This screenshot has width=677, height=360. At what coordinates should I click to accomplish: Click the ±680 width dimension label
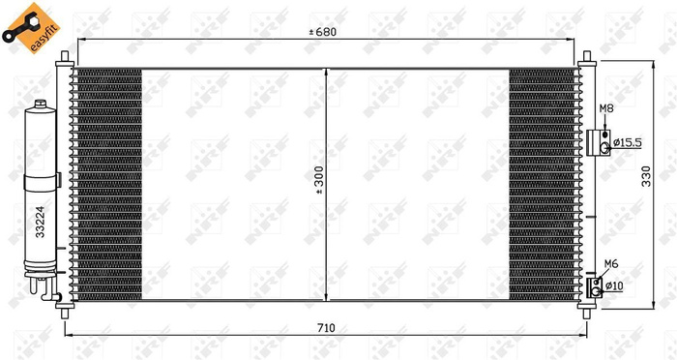tap(323, 32)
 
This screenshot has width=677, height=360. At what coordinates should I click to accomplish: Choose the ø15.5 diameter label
tap(627, 143)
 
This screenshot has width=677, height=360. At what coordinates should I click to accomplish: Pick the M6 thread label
tap(610, 263)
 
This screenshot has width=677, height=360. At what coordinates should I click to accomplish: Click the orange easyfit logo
tap(26, 27)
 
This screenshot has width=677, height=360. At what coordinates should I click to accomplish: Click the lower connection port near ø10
tap(598, 285)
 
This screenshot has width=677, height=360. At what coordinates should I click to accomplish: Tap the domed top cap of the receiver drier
tap(41, 107)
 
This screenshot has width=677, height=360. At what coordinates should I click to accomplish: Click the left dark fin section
tap(108, 184)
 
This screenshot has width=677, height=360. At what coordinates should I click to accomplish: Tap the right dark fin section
tap(543, 184)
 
